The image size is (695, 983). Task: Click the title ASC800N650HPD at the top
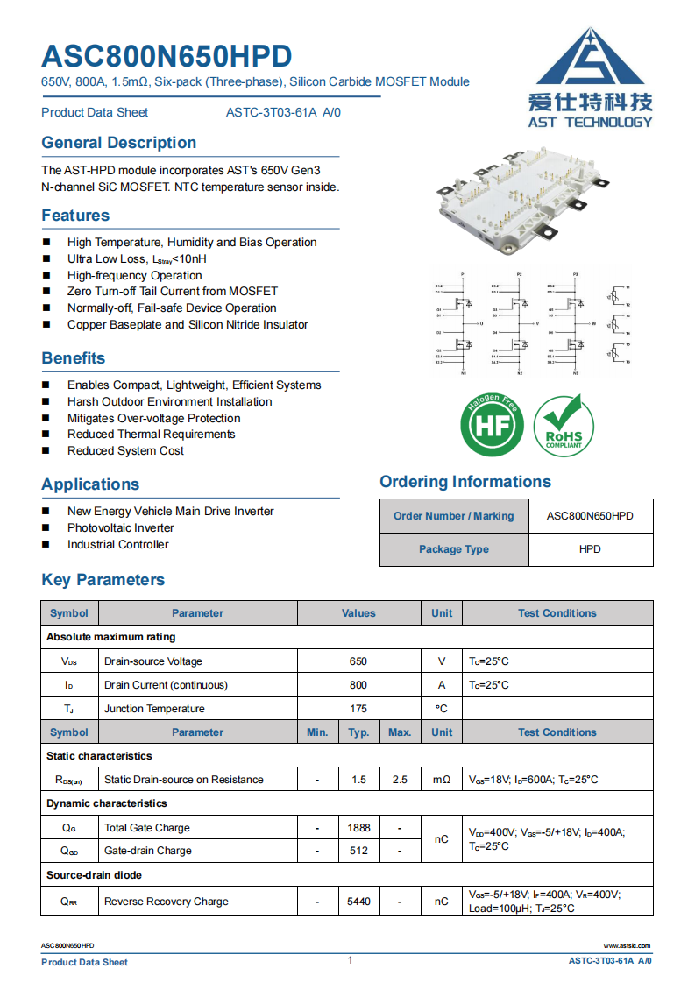[x=167, y=56]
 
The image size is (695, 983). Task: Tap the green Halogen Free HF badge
[x=492, y=426]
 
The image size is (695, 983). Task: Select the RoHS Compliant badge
[x=563, y=426]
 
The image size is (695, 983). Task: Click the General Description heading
[x=119, y=143]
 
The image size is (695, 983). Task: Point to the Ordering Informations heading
[x=465, y=482]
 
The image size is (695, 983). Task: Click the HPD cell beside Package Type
[x=590, y=549]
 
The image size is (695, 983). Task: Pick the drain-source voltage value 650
[x=358, y=661]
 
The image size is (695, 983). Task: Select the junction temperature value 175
[x=358, y=709]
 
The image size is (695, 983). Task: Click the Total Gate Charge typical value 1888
[x=358, y=827]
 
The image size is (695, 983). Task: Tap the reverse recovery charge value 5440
[x=358, y=901]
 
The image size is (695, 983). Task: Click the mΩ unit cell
[x=442, y=779]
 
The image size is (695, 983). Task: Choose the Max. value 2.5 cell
[x=400, y=779]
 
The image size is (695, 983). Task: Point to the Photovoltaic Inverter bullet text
[x=121, y=527]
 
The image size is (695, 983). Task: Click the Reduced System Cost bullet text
[x=125, y=450]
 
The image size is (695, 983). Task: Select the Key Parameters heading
[x=103, y=580]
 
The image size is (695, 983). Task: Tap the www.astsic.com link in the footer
[x=628, y=945]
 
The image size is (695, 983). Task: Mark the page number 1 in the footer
[x=350, y=960]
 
